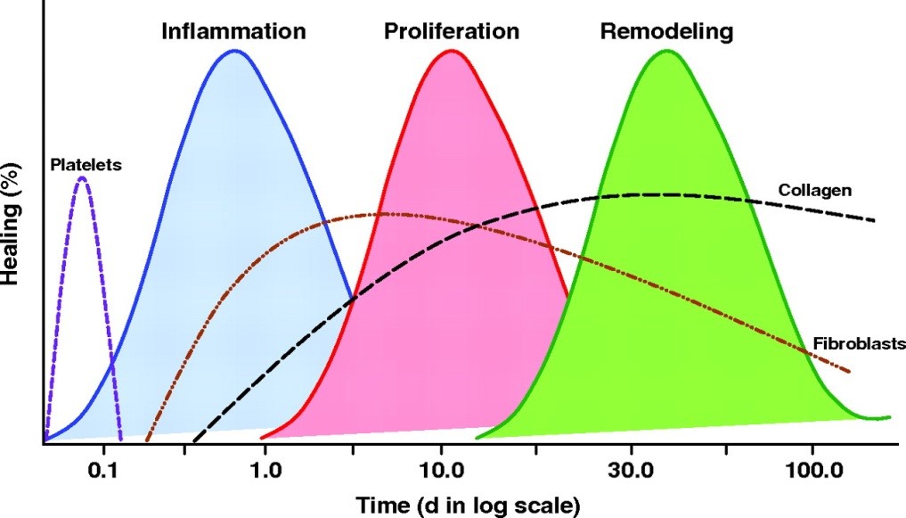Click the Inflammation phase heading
coord(233,31)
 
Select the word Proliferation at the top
coord(451,31)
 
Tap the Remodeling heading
coord(666,31)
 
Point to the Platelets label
coord(86,165)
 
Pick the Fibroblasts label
coord(859,343)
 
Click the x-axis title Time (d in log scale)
coord(468,505)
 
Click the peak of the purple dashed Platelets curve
coord(82,178)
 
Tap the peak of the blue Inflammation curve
coord(234,50)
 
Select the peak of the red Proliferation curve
coord(451,50)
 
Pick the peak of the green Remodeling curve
coord(666,50)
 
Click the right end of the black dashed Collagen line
coord(875,220)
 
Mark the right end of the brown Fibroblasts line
coord(849,371)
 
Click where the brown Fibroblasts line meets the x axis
coord(147,440)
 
